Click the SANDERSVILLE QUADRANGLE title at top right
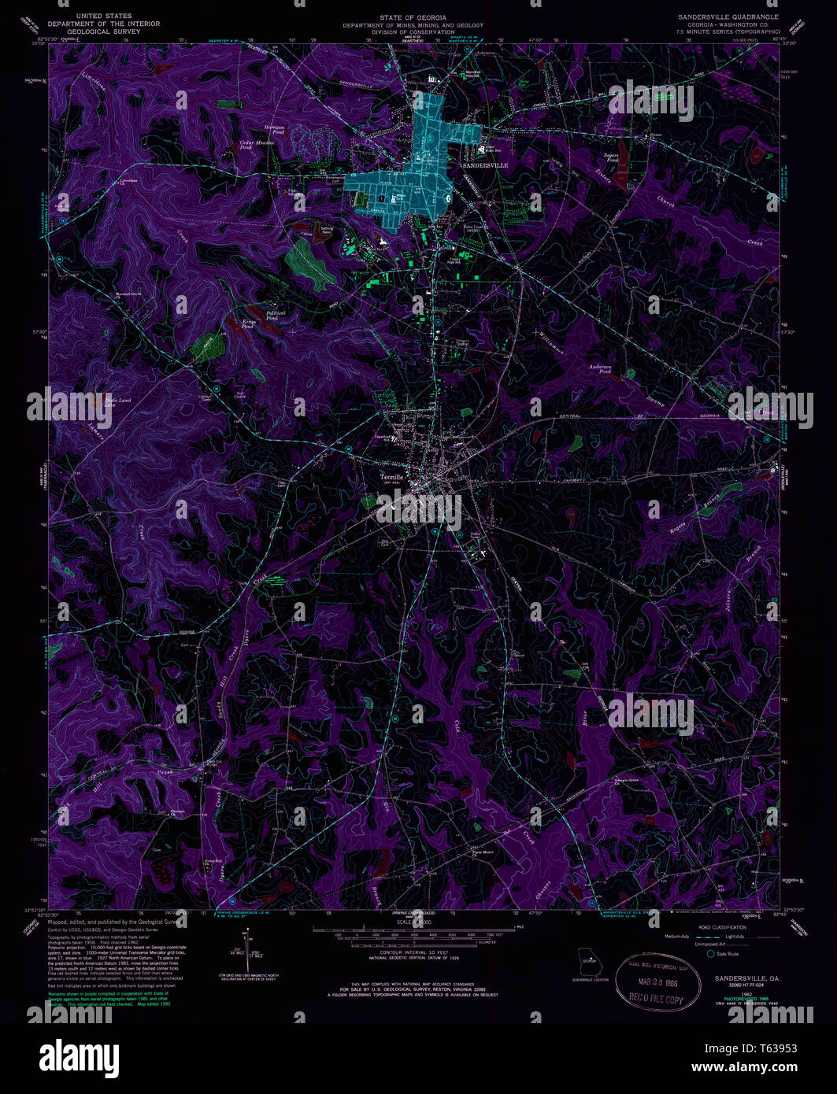tap(728, 17)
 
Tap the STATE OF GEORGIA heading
tap(413, 17)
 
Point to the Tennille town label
tap(391, 475)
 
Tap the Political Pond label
tap(276, 314)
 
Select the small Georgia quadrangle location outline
tap(588, 961)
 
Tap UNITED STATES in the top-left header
tap(103, 17)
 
